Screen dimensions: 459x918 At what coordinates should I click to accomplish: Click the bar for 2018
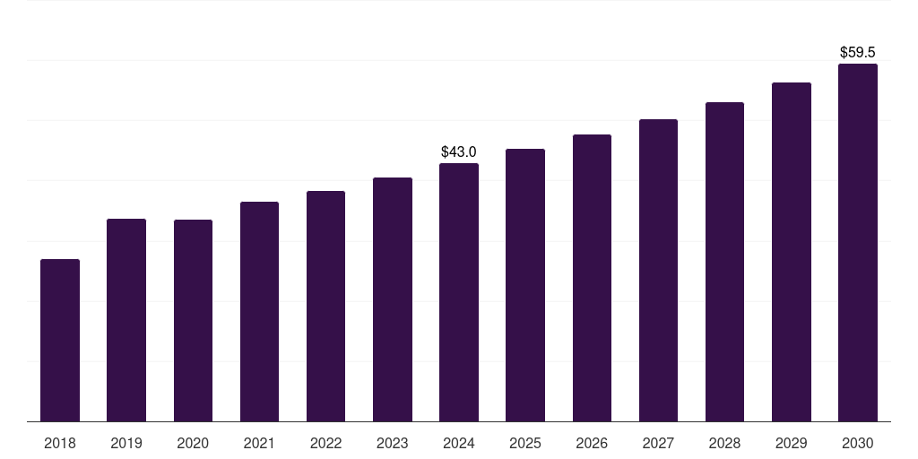60,341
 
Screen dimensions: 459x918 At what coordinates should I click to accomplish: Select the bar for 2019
126,320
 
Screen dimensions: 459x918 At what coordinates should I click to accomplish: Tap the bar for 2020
193,321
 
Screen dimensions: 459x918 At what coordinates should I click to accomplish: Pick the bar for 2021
259,312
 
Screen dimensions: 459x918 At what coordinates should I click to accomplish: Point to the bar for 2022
325,307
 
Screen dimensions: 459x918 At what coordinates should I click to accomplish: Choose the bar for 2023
393,299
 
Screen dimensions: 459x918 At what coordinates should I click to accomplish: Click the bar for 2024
459,292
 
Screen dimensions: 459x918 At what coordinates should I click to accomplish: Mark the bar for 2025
525,285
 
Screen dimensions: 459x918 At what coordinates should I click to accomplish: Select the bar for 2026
592,278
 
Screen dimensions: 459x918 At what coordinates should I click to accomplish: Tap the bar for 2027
658,271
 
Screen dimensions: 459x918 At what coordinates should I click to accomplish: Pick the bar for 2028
724,262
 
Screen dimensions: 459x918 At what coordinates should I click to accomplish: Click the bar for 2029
792,252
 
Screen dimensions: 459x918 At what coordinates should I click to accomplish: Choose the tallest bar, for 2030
858,243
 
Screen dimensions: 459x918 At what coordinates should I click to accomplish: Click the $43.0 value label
459,152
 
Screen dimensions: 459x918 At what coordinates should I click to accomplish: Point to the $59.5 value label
858,53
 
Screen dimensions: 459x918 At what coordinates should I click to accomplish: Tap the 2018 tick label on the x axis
60,443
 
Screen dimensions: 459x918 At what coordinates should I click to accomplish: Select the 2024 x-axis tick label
459,443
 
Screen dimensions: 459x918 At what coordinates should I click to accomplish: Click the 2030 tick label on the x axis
858,443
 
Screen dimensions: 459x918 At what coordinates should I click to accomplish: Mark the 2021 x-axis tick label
259,443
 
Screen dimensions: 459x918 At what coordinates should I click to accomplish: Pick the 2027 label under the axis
658,443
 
